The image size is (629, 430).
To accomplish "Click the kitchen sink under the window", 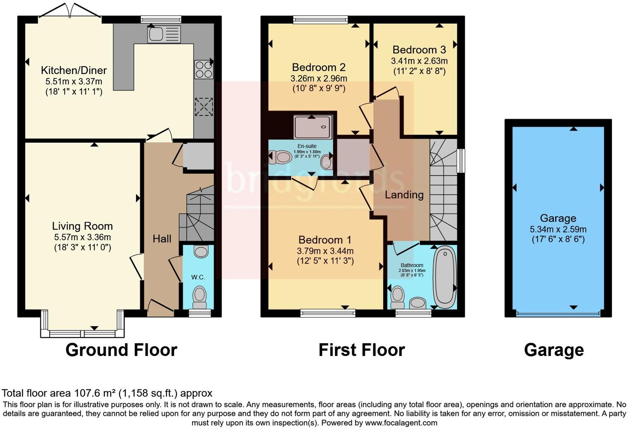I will [x=164, y=34].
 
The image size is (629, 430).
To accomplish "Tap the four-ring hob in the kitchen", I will [x=204, y=69].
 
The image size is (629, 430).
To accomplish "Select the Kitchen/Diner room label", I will [x=74, y=70].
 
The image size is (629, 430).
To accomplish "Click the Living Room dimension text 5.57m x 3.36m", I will [x=82, y=237].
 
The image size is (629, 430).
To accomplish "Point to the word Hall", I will [x=162, y=239].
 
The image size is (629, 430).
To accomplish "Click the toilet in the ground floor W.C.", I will [x=199, y=297].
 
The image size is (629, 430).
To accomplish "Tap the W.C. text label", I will [x=198, y=277].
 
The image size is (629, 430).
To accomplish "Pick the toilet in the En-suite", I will [x=280, y=157].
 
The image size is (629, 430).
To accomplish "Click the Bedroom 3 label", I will [x=419, y=50].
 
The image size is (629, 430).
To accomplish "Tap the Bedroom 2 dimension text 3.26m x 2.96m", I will [x=319, y=78].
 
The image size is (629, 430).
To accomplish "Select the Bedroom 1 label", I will [x=325, y=240].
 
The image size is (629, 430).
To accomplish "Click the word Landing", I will [x=404, y=195].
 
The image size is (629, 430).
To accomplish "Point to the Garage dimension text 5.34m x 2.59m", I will [x=558, y=229].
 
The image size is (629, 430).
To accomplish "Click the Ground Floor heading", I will [x=121, y=350].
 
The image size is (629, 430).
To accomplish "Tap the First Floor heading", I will [x=361, y=350].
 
